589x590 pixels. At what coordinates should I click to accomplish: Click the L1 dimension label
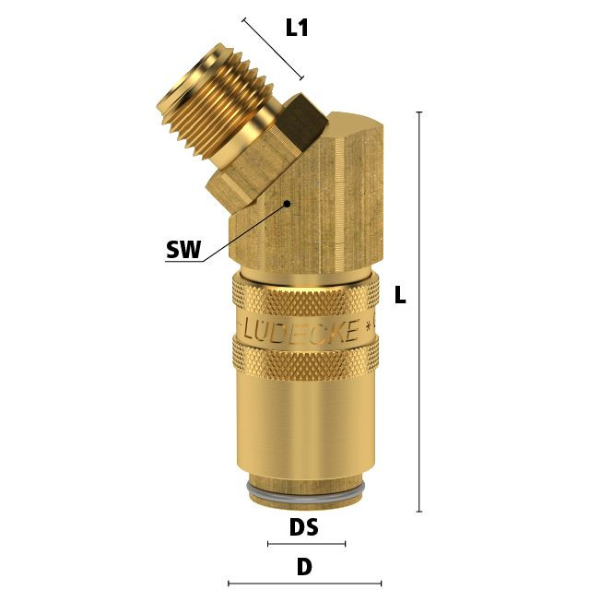[x=297, y=28]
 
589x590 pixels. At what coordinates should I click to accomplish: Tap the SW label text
[x=183, y=249]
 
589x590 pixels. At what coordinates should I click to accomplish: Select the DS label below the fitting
[x=304, y=527]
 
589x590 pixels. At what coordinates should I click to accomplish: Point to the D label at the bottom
[x=304, y=567]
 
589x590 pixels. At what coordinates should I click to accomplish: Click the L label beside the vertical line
[x=400, y=295]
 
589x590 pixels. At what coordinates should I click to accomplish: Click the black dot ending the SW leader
[x=288, y=204]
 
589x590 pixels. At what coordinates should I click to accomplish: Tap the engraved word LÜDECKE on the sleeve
[x=300, y=330]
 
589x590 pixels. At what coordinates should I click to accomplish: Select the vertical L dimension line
[x=419, y=312]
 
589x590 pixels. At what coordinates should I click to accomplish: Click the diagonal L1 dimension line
[x=273, y=49]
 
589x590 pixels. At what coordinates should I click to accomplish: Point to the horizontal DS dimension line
[x=307, y=544]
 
